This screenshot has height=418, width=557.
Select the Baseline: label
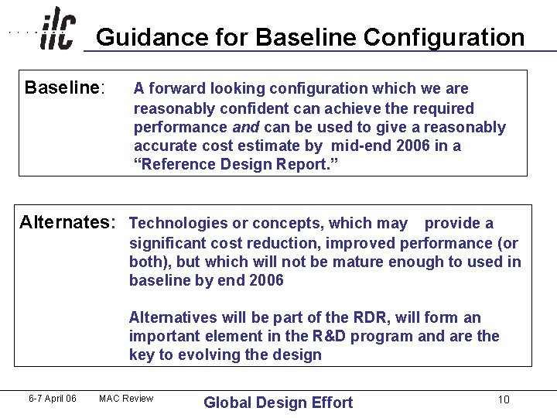pos(64,87)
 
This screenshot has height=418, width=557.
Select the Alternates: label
pos(67,223)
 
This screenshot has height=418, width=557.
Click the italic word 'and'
pos(245,127)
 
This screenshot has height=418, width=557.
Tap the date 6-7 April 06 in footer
pos(52,399)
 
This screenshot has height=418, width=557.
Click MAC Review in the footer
pos(126,399)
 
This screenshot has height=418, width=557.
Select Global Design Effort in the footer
pos(278,403)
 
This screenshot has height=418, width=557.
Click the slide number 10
pos(504,399)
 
